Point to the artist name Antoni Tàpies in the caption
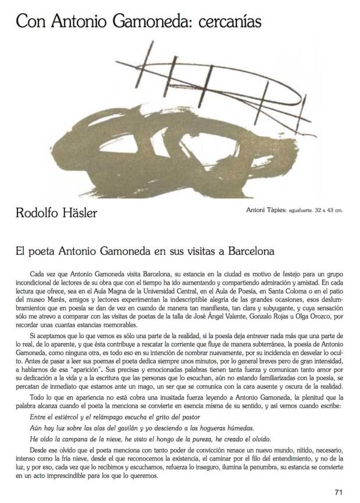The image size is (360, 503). pos(260,210)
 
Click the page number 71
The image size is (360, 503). pos(339,493)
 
